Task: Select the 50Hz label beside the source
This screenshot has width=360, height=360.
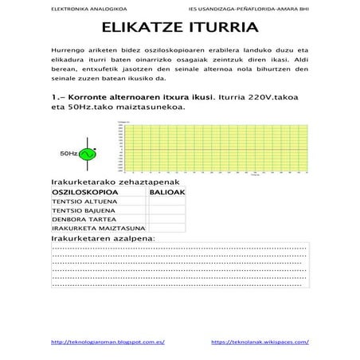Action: coord(68,153)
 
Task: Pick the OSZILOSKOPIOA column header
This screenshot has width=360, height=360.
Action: coord(85,192)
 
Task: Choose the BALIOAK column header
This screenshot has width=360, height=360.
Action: coord(166,192)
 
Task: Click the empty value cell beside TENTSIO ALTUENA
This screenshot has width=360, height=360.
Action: coord(166,202)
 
